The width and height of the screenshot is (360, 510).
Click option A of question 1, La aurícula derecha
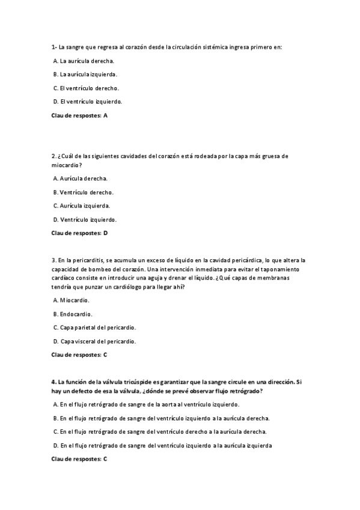point(84,61)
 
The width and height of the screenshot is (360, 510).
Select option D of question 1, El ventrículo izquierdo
point(87,101)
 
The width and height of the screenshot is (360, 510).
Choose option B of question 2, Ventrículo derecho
point(84,192)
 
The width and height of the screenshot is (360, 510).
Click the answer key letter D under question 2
point(106,232)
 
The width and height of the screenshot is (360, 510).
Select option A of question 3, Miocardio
point(72,300)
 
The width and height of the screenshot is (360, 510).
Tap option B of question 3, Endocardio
point(73,313)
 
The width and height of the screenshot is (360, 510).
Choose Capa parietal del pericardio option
point(94,327)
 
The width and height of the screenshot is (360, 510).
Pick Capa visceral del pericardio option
point(94,341)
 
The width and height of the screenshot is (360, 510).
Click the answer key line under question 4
point(79,459)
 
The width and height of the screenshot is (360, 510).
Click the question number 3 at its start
point(53,260)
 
